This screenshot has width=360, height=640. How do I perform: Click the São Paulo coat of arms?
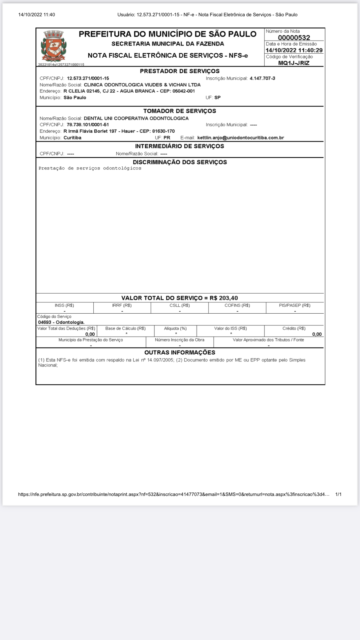coord(54,46)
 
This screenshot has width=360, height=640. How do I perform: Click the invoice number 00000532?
coord(294,38)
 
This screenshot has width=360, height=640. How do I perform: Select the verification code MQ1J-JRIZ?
coord(294,63)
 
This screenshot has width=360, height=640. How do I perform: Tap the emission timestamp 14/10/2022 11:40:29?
coord(294,50)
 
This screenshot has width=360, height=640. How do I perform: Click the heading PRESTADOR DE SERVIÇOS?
coord(180,71)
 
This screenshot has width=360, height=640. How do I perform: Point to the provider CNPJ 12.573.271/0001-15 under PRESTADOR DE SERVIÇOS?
coord(88,78)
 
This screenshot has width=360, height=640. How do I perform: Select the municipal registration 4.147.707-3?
coord(262,78)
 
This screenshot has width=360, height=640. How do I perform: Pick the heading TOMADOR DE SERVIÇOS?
coord(180,111)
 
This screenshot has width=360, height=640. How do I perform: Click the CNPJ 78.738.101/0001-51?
coord(88,125)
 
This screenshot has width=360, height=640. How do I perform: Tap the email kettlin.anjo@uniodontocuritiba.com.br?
coord(241,138)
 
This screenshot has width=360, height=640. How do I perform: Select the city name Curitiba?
coord(72,138)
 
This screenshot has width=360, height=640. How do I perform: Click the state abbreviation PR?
coord(167,138)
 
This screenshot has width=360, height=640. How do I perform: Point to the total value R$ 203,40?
coord(224,298)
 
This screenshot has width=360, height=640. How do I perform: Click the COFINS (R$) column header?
coord(237,305)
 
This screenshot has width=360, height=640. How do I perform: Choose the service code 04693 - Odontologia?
coord(61,322)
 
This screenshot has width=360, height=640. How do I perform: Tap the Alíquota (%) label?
coord(175,328)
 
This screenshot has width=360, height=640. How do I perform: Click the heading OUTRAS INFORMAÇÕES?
coord(180,352)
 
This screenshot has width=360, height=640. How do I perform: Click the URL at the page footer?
coord(174,494)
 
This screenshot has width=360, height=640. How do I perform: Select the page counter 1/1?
coord(338,494)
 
